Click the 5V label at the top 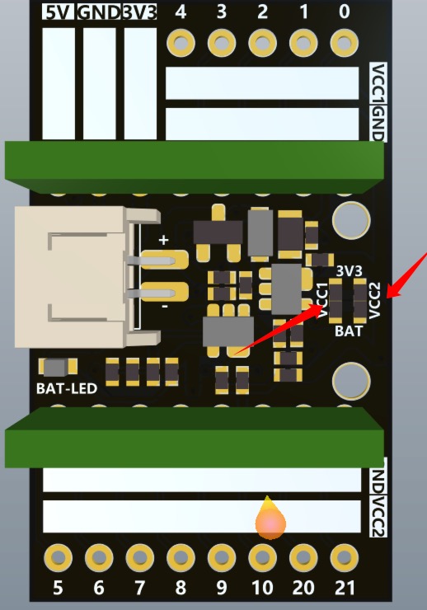coord(59,12)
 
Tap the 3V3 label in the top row coord(139,12)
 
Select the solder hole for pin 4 coord(181,42)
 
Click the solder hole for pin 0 coord(345,42)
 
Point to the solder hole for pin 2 coord(262,42)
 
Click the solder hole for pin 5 coord(58,558)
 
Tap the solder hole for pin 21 coord(345,558)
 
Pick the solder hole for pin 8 coord(181,558)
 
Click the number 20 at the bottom coord(303,588)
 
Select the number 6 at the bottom coord(99,588)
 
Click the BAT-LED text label coord(67,388)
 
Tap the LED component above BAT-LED coord(58,368)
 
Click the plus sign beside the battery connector coord(164,240)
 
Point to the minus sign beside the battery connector coord(165,307)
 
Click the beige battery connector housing coord(77,276)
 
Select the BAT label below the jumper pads coord(349,331)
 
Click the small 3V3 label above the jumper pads coord(349,270)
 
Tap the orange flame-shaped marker coord(270,518)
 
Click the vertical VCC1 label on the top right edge coord(378,83)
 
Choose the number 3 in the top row coord(221,12)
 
